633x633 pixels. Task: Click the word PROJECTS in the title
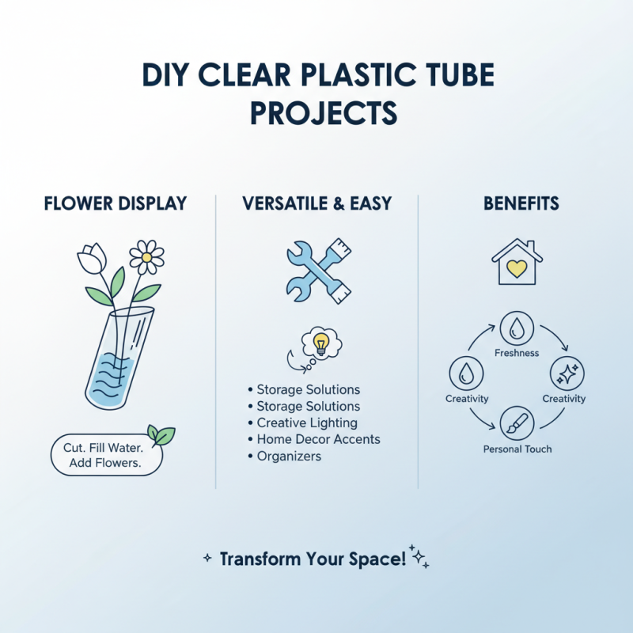tap(323, 113)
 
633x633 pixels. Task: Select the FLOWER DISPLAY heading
tap(115, 203)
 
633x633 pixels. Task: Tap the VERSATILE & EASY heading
tap(316, 203)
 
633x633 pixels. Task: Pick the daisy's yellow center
tap(146, 256)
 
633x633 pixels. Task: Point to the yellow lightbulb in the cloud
tap(322, 342)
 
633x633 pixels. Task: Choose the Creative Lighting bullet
tap(307, 423)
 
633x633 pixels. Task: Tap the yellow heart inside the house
tap(517, 268)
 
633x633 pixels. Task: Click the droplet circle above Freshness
tap(517, 328)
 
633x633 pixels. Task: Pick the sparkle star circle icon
tap(567, 373)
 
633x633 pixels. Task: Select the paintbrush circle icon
tap(517, 422)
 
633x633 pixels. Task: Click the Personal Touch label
tap(517, 449)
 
